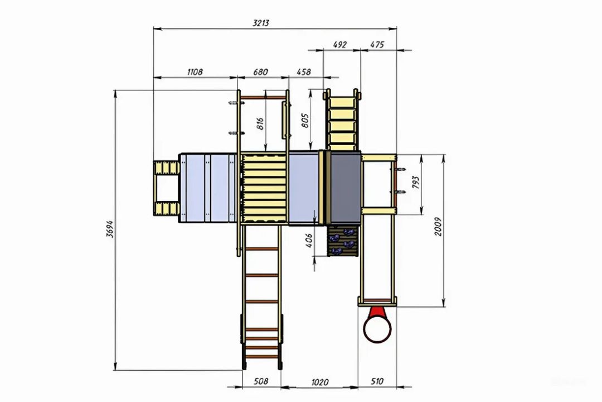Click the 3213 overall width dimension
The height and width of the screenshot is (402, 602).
(x=261, y=23)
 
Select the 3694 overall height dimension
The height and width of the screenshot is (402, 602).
(x=110, y=229)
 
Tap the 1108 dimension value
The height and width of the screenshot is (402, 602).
(x=195, y=72)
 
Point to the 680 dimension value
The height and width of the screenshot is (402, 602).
(x=261, y=72)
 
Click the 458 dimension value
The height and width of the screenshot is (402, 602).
(x=304, y=72)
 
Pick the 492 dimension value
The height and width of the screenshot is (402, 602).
(x=340, y=45)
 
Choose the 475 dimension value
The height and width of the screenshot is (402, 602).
(x=377, y=45)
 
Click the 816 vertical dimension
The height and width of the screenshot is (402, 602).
(x=260, y=123)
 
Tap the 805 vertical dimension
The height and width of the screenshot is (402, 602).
(x=305, y=121)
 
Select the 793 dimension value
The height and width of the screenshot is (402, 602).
(x=416, y=183)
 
